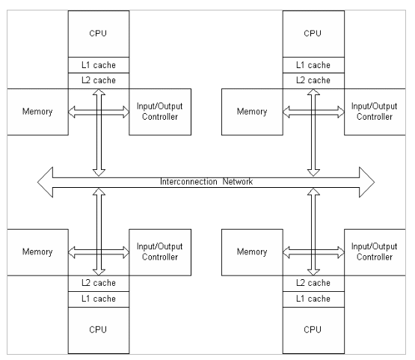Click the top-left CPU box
pos(99,34)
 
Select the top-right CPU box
pos(313,34)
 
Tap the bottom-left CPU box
pos(99,330)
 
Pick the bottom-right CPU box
pos(313,330)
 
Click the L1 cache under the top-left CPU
pos(99,65)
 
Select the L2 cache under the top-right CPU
pos(313,81)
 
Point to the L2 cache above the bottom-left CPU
pos(99,284)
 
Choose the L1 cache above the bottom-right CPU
pos(313,299)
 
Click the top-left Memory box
pos(37,112)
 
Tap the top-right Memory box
pos(252,112)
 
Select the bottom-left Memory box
pos(37,252)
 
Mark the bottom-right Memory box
pos(252,252)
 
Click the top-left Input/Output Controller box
pos(160,112)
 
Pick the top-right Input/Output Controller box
pos(375,112)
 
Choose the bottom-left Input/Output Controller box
pos(160,252)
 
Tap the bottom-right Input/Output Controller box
pos(375,252)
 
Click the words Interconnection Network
pos(206,182)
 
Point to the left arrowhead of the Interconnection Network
pos(46,183)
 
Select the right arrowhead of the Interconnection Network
pos(367,183)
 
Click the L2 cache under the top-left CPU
pos(99,81)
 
